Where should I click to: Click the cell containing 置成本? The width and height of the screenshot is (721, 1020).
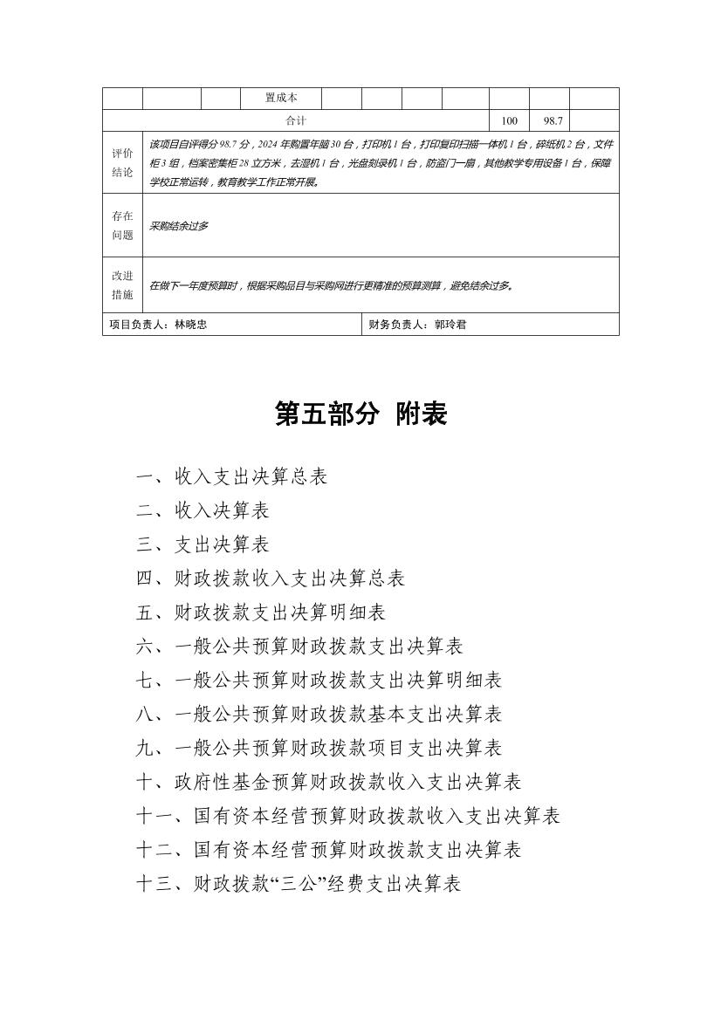(x=281, y=99)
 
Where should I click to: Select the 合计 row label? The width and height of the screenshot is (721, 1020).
(x=296, y=121)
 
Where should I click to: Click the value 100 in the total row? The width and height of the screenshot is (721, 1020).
(x=510, y=121)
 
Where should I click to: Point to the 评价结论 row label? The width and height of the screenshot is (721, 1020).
(x=122, y=162)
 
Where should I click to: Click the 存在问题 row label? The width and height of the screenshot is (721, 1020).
(x=122, y=225)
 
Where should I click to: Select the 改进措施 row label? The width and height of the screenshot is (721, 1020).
(x=122, y=284)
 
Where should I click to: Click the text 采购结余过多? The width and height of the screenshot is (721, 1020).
(x=180, y=226)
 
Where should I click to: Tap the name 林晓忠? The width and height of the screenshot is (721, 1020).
(x=191, y=325)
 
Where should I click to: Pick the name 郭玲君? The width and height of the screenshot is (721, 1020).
(x=450, y=325)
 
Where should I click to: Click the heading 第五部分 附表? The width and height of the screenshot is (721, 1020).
(x=360, y=414)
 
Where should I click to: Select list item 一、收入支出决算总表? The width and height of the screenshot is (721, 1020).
(x=232, y=476)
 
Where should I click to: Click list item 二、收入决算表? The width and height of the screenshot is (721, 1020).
(x=203, y=510)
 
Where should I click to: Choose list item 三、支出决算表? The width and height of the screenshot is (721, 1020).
(x=203, y=544)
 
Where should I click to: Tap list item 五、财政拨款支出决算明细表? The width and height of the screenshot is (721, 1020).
(x=261, y=613)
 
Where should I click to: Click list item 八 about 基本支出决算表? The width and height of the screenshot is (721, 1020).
(x=319, y=715)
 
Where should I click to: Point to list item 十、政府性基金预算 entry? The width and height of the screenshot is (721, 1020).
(x=329, y=782)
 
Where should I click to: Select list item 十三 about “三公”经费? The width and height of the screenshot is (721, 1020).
(x=299, y=884)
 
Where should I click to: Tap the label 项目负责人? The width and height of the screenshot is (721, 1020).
(x=137, y=325)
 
